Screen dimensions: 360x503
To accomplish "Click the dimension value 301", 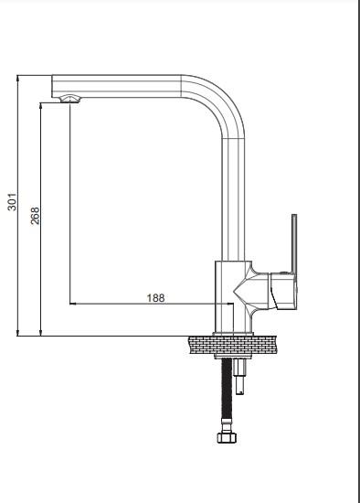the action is pos(12,202).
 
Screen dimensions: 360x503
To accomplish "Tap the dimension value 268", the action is pos(35,216).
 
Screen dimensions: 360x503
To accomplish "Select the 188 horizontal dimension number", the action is pos(156,298).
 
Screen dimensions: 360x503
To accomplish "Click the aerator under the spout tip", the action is pos(69,99).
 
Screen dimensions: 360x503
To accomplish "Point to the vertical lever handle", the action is pos(294,244).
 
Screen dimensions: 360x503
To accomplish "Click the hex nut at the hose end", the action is pos(228,437).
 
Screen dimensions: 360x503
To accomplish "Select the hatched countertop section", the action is pos(233,346).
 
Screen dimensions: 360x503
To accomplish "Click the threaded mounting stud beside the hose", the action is pos(240,376).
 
